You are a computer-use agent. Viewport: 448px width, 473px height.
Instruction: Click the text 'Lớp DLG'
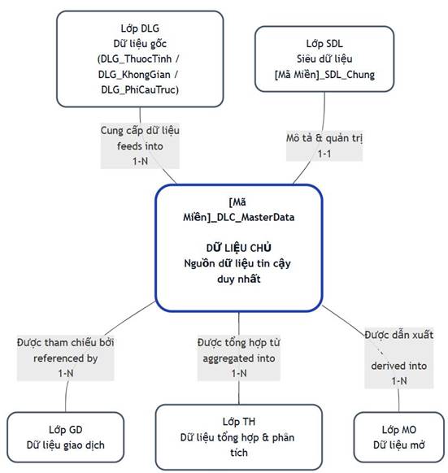point(140,28)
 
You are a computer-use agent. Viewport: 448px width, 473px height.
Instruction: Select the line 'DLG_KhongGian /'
point(138,75)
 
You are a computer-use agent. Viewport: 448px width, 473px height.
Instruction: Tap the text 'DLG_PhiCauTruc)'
point(140,90)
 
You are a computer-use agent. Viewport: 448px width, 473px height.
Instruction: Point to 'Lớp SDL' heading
point(324,44)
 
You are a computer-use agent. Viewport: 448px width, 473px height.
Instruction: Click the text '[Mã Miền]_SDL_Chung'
point(324,75)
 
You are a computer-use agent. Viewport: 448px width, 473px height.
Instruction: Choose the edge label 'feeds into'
point(140,146)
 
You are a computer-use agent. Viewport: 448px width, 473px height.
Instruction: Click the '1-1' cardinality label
point(324,154)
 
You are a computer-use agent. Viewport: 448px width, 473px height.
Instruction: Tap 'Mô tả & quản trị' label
point(324,138)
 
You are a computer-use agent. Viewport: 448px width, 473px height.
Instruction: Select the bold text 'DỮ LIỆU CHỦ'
point(239,248)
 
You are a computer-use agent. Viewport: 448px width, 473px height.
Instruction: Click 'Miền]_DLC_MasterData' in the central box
point(239,218)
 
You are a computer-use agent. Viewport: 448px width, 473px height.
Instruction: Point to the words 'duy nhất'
point(239,279)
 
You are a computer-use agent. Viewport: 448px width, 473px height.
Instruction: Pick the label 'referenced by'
point(66,358)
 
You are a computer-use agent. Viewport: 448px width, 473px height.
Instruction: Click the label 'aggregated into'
point(239,358)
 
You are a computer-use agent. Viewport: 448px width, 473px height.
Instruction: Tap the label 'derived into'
point(398,366)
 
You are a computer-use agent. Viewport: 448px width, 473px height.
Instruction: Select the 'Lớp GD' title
point(66,430)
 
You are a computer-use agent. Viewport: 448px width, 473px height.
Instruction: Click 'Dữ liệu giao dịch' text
point(66,445)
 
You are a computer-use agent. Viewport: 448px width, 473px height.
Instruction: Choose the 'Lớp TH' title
point(239,422)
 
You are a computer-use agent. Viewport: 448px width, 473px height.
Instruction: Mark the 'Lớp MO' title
point(398,430)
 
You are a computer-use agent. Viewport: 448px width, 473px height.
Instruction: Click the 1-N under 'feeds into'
point(140,162)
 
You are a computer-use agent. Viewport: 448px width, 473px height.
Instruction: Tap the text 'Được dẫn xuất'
point(398,335)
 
